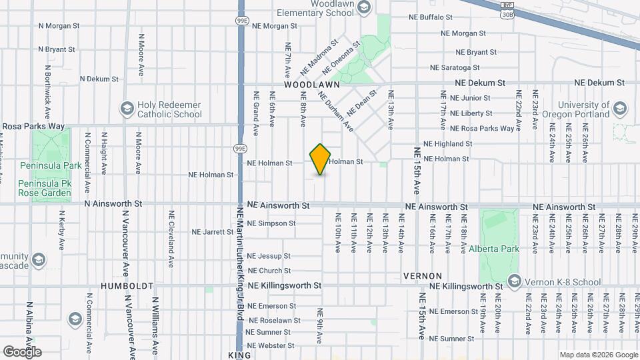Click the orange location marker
coord(321,159)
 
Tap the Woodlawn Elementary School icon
coord(363,7)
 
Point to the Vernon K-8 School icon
coord(513,281)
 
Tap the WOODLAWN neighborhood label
coord(311,85)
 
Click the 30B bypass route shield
coord(507,13)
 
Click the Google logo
coord(22,351)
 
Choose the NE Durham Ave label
coord(331,107)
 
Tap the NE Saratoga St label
coord(455,67)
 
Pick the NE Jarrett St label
coord(213,232)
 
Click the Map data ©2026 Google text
coord(597,355)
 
